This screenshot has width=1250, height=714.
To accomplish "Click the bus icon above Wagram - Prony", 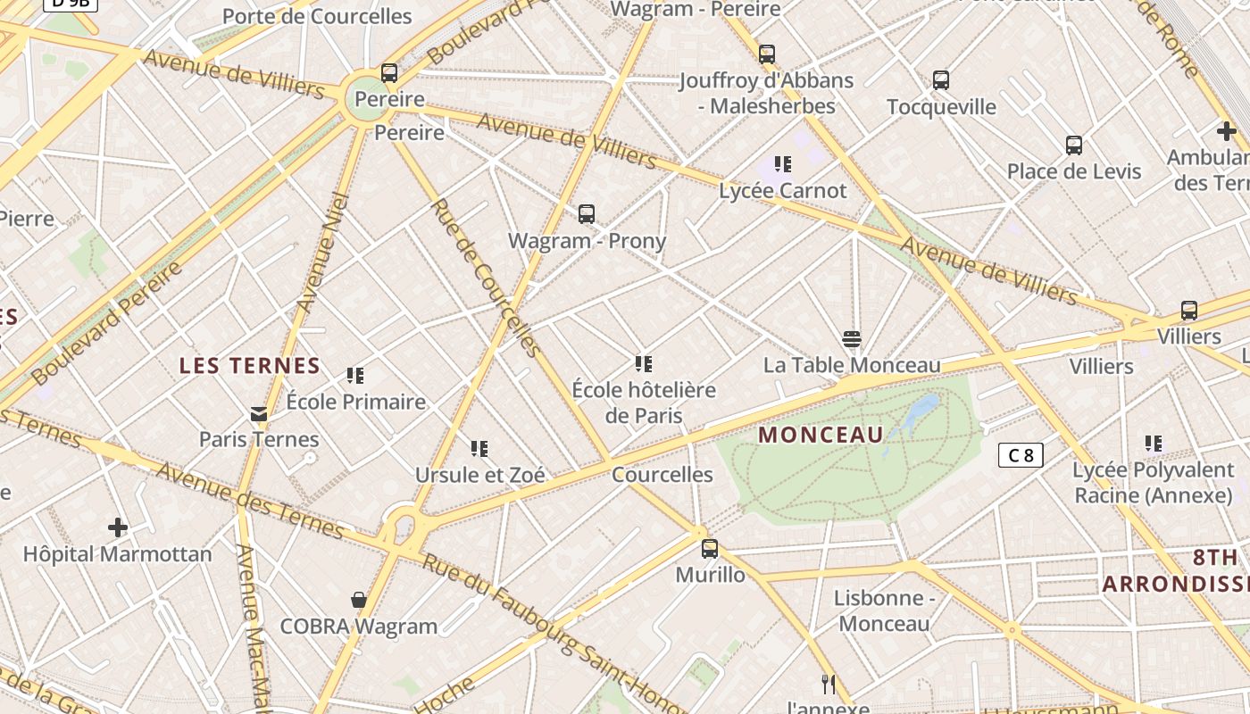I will pyautogui.click(x=586, y=214).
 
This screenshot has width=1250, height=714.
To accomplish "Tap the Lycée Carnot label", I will pyautogui.click(x=783, y=190).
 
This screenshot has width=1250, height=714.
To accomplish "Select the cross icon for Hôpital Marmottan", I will pyautogui.click(x=117, y=527).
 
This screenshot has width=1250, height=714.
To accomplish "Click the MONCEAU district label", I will pyautogui.click(x=821, y=436).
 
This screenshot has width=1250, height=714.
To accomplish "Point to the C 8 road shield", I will pyautogui.click(x=1021, y=455).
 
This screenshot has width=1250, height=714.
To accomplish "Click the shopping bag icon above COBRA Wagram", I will pyautogui.click(x=359, y=600).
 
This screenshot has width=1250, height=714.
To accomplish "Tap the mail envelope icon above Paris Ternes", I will pyautogui.click(x=259, y=413).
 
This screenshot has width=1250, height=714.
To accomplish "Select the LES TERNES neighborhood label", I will pyautogui.click(x=250, y=365).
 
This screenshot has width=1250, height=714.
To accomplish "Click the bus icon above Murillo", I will pyautogui.click(x=710, y=548).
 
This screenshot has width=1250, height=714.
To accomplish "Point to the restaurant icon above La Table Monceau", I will pyautogui.click(x=852, y=339).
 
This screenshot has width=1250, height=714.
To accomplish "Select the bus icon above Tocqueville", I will pyautogui.click(x=941, y=80).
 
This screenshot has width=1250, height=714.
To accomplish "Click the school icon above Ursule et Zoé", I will pyautogui.click(x=479, y=448).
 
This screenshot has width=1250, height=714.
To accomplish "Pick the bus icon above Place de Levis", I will pyautogui.click(x=1074, y=145).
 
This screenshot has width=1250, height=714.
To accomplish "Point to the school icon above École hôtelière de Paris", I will pyautogui.click(x=644, y=363).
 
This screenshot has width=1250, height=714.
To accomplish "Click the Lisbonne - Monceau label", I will pyautogui.click(x=884, y=610).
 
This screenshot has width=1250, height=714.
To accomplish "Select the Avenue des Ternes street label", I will pyautogui.click(x=250, y=502).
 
